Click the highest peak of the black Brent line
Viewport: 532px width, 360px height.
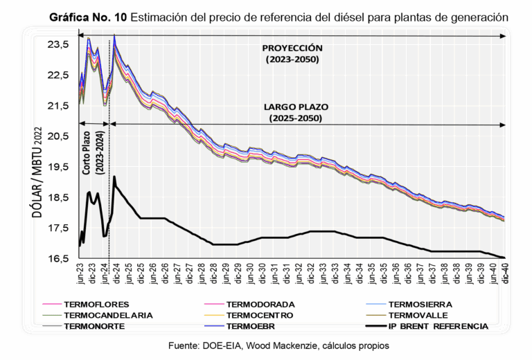point(114,177)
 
